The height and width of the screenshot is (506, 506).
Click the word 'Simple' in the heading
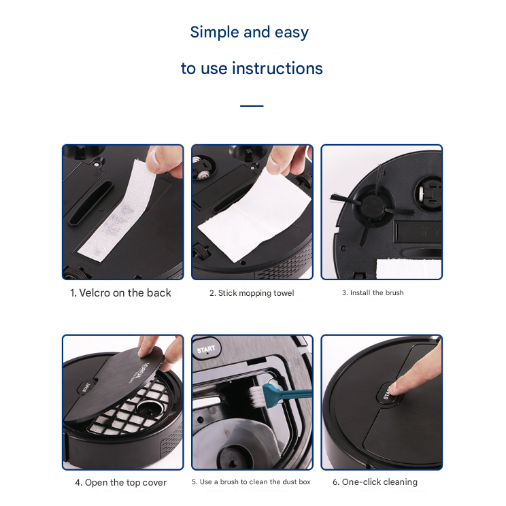214,33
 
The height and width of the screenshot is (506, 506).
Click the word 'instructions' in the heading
277,69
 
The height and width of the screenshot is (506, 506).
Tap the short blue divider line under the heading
252,106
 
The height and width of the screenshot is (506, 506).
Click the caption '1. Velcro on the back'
120,292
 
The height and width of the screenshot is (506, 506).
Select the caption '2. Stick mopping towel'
252,293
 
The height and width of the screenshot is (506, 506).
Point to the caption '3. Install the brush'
373,292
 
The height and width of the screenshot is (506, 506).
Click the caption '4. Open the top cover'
120,482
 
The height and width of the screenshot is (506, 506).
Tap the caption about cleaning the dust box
251,482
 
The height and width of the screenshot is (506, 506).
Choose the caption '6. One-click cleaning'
375,482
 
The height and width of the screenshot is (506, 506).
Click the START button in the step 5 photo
206,349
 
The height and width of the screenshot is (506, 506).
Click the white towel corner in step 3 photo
409,269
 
